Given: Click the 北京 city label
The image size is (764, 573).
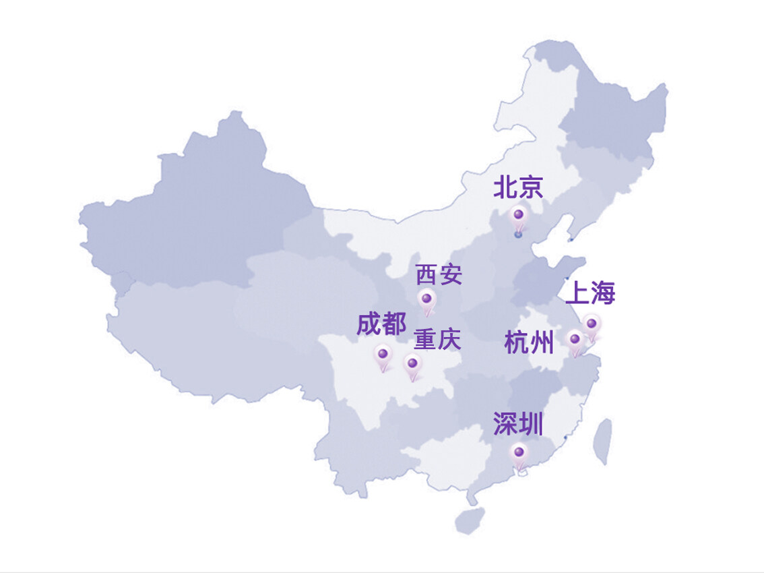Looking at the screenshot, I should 518,187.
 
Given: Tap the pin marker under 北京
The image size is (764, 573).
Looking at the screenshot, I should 518,216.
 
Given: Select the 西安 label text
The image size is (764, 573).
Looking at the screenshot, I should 439,275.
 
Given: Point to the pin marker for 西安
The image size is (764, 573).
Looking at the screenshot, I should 426,299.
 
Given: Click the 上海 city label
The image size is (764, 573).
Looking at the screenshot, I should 590,293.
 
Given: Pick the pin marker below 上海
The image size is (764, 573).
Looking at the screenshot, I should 591,326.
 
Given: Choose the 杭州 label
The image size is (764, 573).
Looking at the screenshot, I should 529,342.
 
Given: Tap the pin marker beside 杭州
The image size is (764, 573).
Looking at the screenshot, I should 575,339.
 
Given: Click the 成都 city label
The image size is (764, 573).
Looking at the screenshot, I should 381,324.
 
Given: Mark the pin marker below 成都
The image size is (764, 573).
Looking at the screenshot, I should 383,354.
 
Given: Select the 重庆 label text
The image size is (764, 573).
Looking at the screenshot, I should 437,339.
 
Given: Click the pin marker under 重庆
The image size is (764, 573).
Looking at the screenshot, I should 412,364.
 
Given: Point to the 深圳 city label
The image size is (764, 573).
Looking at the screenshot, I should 517,425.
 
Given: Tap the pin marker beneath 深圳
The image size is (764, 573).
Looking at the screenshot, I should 519,453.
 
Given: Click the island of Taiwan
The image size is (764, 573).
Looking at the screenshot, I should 603,442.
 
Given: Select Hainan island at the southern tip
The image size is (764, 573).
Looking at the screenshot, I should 470,520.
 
